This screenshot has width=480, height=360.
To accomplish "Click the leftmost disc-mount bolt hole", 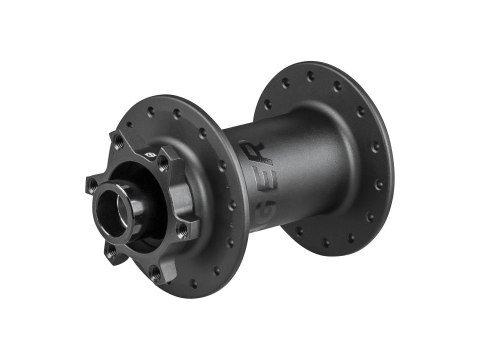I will [92, 184].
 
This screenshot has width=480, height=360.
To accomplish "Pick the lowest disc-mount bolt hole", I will [156, 270].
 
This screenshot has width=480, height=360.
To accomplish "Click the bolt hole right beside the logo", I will [163, 169].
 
